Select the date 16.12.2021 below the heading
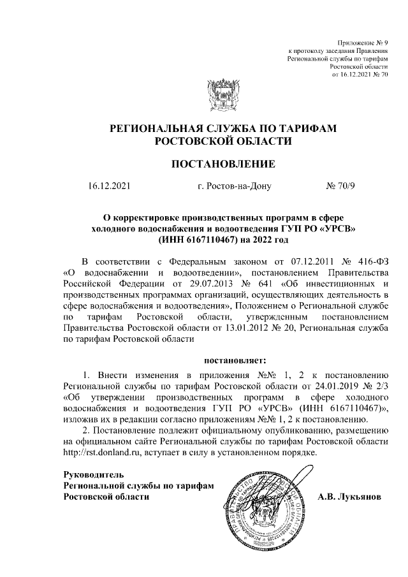click(109, 187)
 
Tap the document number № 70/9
click(342, 187)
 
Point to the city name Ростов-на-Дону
click(235, 187)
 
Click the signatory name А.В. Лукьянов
click(349, 496)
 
